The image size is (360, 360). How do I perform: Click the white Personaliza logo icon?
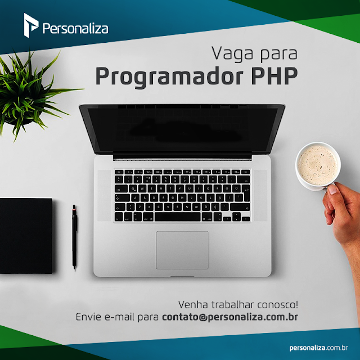31,25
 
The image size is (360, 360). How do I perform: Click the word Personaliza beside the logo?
75,29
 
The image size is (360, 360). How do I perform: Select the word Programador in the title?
169,76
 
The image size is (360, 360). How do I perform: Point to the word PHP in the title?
274,76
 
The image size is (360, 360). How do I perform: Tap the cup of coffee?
318,165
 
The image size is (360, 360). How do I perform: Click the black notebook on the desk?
26,236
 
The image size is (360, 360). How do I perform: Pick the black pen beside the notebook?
74,236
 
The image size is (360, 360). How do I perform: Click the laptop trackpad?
182,250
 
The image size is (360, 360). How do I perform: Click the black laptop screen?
182,130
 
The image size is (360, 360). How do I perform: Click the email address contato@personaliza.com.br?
230,317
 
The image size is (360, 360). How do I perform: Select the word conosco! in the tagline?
277,305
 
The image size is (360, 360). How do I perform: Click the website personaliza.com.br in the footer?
318,348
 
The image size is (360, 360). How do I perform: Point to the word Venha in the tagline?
193,305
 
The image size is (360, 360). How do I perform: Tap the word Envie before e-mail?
88,317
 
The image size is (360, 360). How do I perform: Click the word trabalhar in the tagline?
232,305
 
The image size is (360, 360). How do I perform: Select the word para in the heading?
279,55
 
